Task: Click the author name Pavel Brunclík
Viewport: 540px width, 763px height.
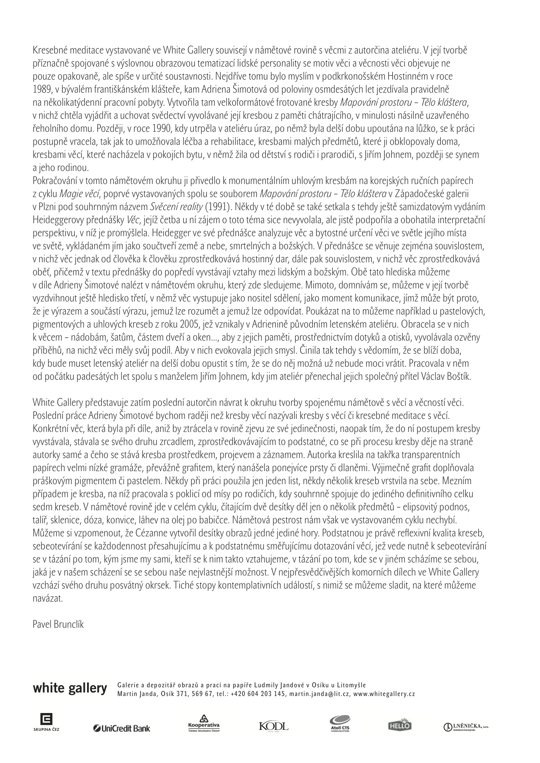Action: (58, 624)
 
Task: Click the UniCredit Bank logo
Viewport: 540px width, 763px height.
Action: (121, 728)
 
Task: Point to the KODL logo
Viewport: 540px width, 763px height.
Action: (273, 726)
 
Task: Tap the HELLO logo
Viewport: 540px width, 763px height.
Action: (399, 725)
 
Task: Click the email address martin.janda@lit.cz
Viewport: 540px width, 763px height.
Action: (319, 694)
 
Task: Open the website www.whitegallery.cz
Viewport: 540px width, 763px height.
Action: (384, 694)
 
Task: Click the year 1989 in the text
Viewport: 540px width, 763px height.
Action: (41, 89)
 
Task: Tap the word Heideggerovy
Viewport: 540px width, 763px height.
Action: (57, 220)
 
